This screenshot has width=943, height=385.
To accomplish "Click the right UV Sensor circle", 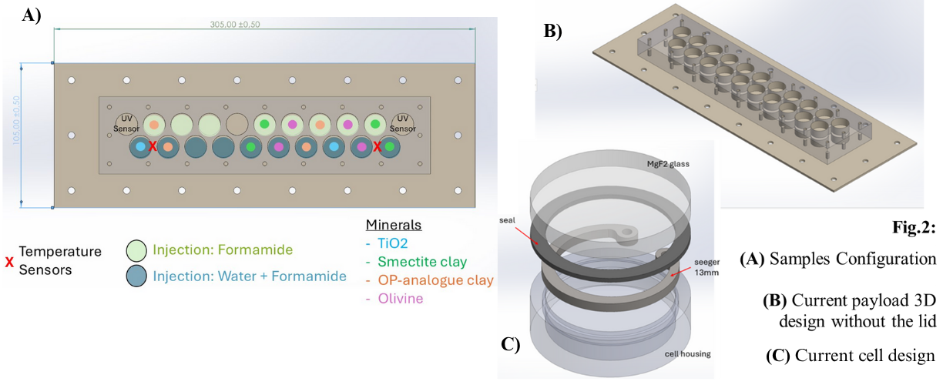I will coord(401,123).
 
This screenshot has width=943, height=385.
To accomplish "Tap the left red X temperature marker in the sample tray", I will coord(153,146).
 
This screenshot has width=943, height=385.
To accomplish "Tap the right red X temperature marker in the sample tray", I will coord(378,146).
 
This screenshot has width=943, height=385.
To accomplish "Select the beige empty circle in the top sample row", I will coord(237,123).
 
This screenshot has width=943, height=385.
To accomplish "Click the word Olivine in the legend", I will coord(400,299).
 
